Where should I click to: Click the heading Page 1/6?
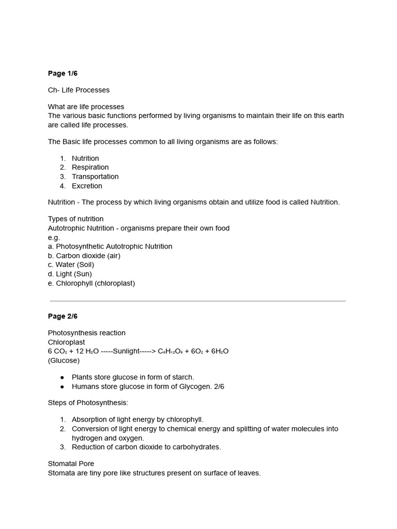coord(63,73)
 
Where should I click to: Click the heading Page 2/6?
coord(63,316)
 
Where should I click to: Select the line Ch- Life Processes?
coord(79,90)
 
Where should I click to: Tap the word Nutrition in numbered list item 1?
coord(85,158)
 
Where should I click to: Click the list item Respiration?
coord(90,167)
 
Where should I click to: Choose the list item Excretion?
coord(87,186)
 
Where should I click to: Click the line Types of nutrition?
coord(75,219)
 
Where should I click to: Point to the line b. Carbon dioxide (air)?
coord(84,256)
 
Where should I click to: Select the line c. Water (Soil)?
coord(71,265)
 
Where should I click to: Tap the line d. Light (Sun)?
coord(70,274)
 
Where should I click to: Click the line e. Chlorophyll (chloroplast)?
coord(91,284)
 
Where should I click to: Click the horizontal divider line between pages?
coord(198,301)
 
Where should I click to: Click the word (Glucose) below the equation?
coord(64,361)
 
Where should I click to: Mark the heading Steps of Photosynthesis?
coord(88,403)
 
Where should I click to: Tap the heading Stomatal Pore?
coord(71,464)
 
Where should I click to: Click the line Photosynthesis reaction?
coord(86,333)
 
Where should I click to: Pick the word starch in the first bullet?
coord(183,377)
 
